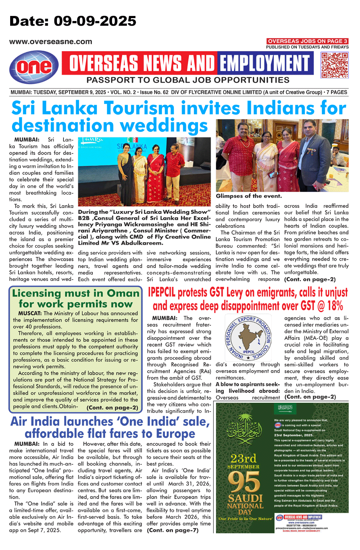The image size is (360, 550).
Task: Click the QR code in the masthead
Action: [335, 65]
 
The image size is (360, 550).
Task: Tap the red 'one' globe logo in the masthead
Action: [34, 66]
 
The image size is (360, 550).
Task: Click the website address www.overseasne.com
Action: [51, 42]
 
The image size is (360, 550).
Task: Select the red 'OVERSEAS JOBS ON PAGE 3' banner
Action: [307, 41]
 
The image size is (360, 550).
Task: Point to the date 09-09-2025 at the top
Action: [95, 21]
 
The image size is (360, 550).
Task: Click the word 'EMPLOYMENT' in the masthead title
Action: [265, 63]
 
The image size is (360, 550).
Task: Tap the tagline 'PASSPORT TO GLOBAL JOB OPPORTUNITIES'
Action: [188, 80]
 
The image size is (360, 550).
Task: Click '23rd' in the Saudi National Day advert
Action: [243, 458]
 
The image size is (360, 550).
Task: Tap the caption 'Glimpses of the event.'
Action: [249, 196]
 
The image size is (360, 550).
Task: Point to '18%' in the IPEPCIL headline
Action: [335, 306]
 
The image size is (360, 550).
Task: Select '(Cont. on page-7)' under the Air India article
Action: [173, 530]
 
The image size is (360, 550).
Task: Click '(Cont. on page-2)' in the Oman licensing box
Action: [112, 408]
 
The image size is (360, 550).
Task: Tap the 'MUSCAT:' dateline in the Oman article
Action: [30, 313]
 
